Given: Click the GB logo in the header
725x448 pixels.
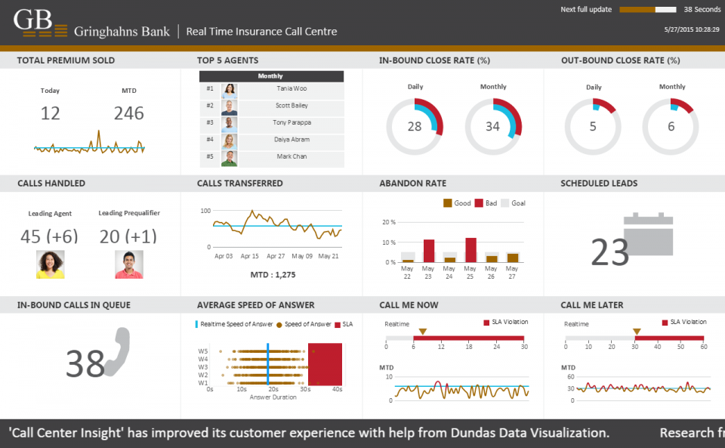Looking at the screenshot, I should (x=34, y=23).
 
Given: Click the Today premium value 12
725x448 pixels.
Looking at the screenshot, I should (x=50, y=113).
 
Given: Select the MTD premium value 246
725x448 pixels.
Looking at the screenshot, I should (x=129, y=113).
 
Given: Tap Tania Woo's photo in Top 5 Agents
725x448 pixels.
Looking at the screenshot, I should (x=229, y=89).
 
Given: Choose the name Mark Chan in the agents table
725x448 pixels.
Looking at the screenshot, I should (x=292, y=156).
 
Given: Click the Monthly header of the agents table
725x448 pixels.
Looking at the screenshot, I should (x=270, y=76).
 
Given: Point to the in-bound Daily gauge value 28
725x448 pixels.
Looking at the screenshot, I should (x=415, y=127).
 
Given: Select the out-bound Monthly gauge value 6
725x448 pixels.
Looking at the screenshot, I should (x=671, y=127).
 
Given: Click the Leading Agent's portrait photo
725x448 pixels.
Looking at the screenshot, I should (x=50, y=264).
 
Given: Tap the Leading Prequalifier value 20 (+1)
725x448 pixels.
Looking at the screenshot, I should (x=128, y=236).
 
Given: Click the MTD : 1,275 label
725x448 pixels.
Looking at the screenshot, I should (x=273, y=275).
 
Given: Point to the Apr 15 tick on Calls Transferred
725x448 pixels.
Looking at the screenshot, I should (x=249, y=256).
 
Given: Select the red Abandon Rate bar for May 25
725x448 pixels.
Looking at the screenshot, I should (x=470, y=250).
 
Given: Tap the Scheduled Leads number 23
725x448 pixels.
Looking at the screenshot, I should (x=610, y=253).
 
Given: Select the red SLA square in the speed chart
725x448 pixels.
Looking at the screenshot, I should (x=325, y=364).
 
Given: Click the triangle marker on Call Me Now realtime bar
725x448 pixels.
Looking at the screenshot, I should (x=423, y=332).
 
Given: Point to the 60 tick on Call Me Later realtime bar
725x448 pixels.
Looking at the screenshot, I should (x=704, y=347).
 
